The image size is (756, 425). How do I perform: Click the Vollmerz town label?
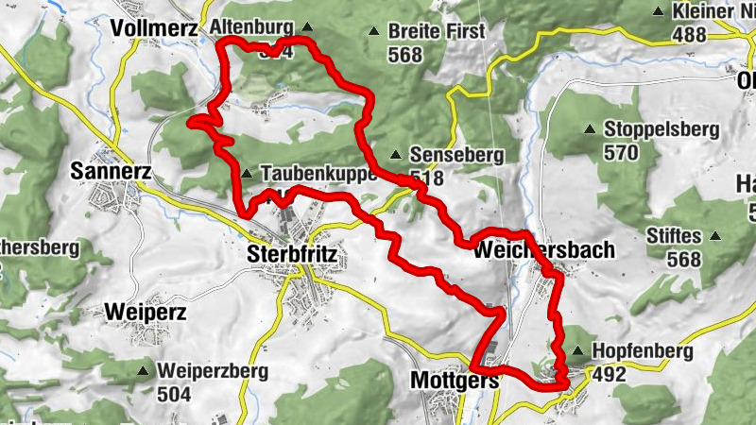(153, 29)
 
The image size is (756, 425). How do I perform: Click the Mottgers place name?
(455, 380)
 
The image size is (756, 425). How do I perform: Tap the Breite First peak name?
(437, 31)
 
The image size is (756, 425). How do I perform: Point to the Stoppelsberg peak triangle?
(590, 129)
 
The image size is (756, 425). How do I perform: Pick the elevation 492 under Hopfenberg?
(610, 375)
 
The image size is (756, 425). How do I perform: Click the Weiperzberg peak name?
(215, 371)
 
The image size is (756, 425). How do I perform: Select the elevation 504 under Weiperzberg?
(177, 394)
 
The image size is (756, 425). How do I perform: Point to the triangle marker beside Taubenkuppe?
(247, 174)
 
